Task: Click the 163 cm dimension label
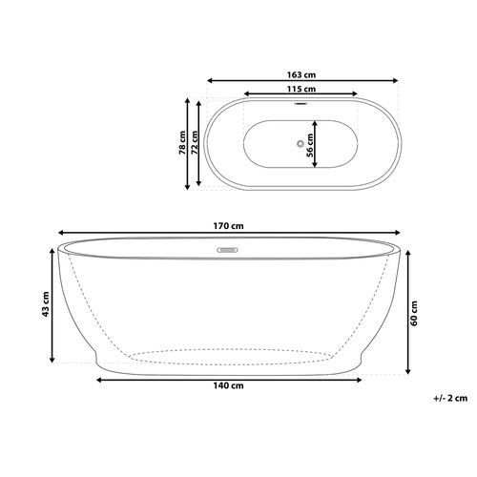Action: [x=301, y=75]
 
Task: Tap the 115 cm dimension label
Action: [x=301, y=89]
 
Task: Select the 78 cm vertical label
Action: [x=182, y=143]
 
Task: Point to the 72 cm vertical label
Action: [x=195, y=143]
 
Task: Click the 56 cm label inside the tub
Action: [x=309, y=145]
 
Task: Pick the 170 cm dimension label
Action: [x=228, y=226]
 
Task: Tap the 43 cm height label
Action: [x=46, y=304]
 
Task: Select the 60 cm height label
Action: [x=414, y=313]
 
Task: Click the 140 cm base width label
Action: [x=228, y=385]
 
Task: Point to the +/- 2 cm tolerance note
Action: [x=450, y=398]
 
